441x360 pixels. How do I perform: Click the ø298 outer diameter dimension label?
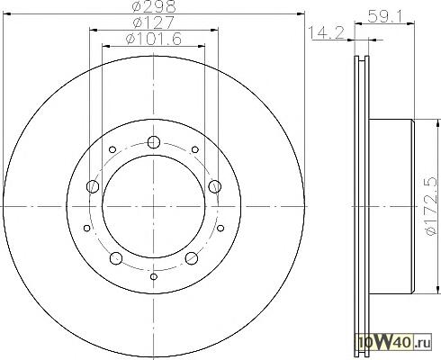(154, 6)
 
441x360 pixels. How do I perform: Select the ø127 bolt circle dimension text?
(153, 22)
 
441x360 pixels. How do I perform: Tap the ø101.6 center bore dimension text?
(154, 39)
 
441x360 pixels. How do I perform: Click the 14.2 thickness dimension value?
(327, 32)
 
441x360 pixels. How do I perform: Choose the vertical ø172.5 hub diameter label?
(431, 206)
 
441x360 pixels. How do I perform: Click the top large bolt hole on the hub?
(154, 142)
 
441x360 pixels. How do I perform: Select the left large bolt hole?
(93, 186)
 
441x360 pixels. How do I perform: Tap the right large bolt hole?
(215, 186)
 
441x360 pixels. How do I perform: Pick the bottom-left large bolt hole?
(116, 258)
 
